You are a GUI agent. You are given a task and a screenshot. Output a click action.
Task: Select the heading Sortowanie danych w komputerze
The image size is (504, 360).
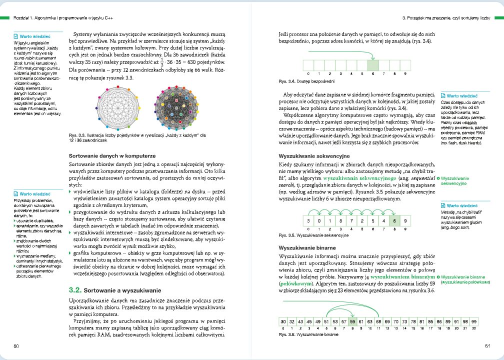(112, 156)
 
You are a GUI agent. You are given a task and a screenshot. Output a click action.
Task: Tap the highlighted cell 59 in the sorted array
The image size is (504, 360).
(352, 320)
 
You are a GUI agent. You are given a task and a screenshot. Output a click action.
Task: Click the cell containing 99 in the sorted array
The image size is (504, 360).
(473, 320)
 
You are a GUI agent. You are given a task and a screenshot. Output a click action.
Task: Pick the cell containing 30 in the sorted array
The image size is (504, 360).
(283, 320)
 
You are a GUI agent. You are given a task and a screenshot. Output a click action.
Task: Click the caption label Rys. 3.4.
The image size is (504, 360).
(286, 81)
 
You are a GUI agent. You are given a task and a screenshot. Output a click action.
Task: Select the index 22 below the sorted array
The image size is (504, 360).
(473, 328)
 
